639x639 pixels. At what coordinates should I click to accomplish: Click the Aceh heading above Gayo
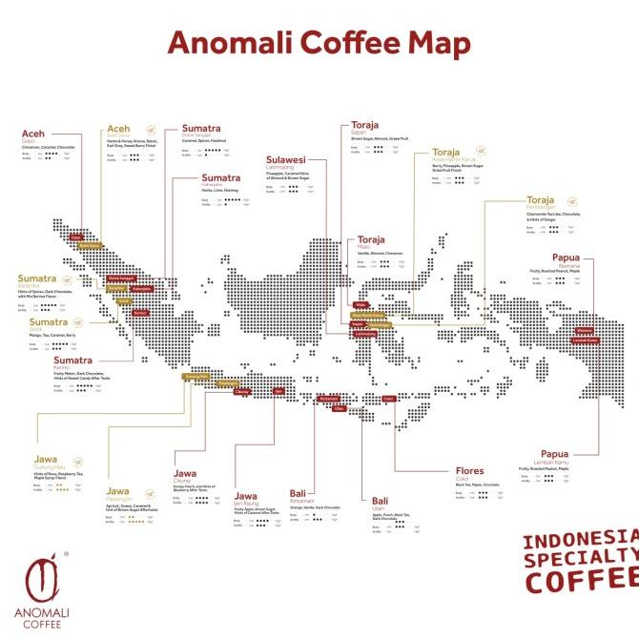[33, 131]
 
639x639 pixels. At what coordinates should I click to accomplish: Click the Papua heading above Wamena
[568, 258]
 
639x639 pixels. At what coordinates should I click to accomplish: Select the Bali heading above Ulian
[380, 500]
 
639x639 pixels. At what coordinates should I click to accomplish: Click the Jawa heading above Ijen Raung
[246, 496]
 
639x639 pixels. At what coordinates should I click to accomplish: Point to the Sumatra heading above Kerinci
[73, 361]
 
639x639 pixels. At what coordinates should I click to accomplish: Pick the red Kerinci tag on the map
[140, 312]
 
